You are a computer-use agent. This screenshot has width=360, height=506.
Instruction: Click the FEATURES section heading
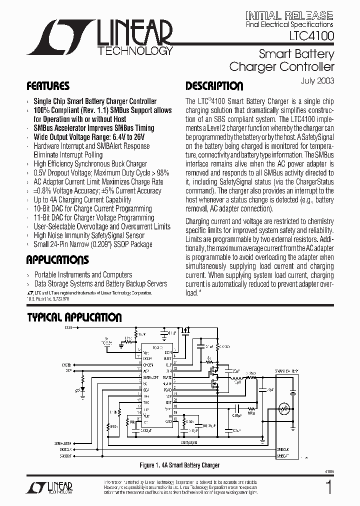coord(47,86)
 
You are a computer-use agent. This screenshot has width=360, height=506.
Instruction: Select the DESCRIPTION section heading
coord(214,86)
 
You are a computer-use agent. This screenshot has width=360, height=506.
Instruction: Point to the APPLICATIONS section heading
coord(57,260)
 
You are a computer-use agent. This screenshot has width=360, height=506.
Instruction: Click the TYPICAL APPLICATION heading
coord(73,317)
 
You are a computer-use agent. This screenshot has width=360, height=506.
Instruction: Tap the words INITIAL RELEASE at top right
coord(289,15)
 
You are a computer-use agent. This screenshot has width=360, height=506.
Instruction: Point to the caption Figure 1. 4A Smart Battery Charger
coord(179,465)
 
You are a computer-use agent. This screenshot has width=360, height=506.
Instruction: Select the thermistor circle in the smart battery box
coord(285,409)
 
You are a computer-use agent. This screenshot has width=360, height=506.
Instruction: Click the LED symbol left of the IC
coord(82,388)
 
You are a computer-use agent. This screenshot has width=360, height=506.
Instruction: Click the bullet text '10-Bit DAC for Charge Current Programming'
coord(92,208)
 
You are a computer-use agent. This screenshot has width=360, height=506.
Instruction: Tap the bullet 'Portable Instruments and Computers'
coord(83,274)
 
